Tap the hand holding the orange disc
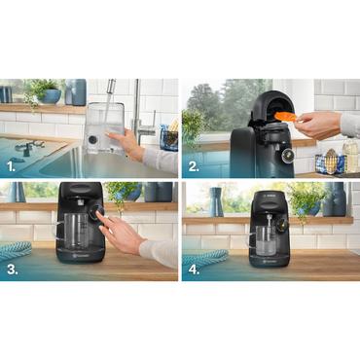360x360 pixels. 316,124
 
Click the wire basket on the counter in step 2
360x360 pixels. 332,162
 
